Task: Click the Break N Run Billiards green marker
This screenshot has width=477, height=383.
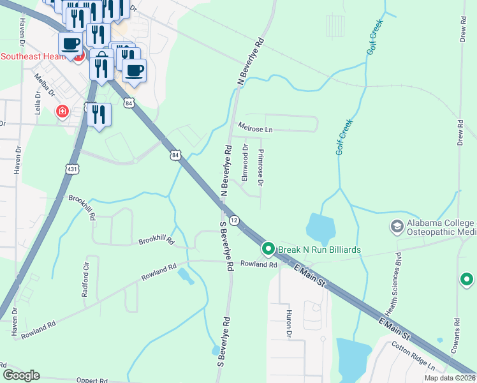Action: tap(268, 248)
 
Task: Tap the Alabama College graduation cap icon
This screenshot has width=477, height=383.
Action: tap(397, 227)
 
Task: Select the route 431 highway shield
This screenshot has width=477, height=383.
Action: tap(72, 168)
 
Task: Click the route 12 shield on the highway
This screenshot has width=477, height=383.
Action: tap(234, 220)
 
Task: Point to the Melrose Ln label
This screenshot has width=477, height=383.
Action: tap(254, 129)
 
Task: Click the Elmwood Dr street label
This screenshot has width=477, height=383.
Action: tap(245, 162)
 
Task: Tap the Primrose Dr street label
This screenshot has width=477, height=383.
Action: tap(261, 169)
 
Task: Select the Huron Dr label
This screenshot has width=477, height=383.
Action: tap(288, 325)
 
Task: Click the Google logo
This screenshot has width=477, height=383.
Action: tap(22, 375)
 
